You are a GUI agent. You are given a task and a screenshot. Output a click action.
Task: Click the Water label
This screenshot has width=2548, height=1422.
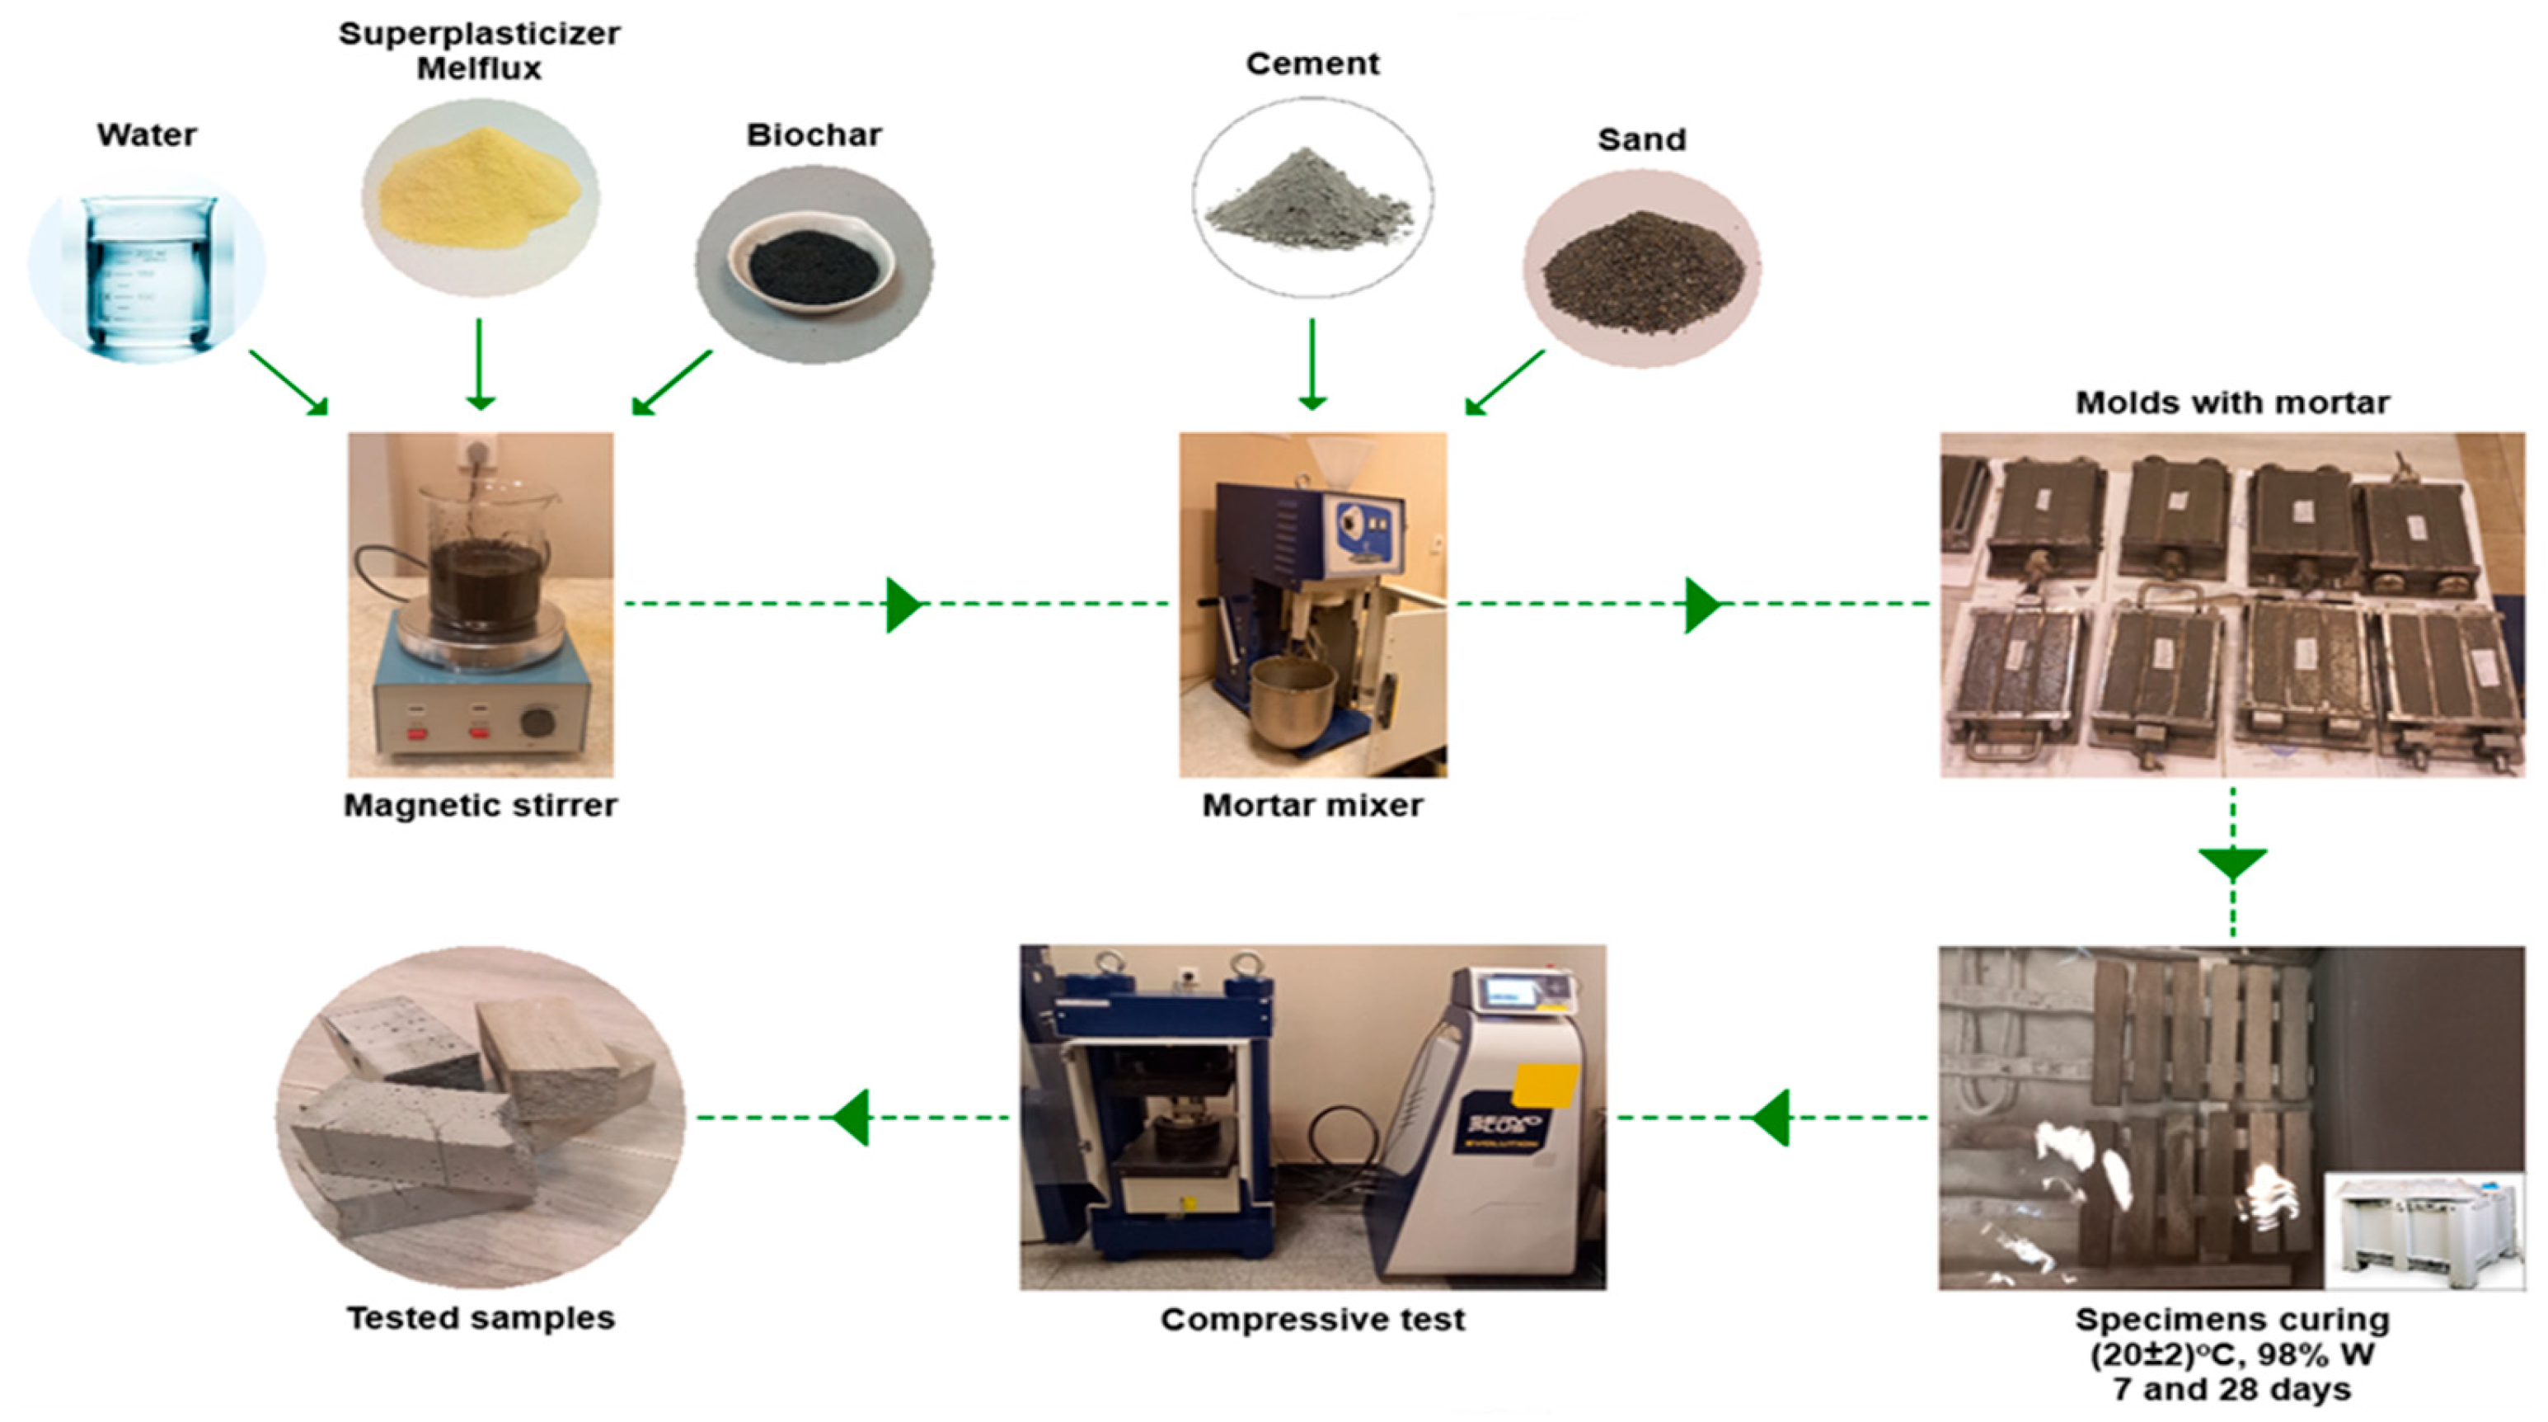coord(147,134)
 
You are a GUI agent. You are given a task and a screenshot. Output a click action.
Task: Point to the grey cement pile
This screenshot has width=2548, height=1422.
coord(1311,203)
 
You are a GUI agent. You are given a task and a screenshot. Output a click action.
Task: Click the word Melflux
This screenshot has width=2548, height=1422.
coord(479,68)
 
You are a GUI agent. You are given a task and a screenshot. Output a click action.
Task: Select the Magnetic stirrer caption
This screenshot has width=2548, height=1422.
coord(480,806)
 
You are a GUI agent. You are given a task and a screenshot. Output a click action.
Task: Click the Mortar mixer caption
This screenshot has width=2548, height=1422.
coord(1312,806)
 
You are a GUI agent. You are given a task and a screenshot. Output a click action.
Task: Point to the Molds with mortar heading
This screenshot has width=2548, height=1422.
coord(2231,403)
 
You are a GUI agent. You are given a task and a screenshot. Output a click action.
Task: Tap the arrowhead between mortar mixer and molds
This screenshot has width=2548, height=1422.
coord(1701,604)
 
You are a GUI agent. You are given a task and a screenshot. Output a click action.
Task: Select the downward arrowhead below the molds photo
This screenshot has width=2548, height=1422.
coord(2232,863)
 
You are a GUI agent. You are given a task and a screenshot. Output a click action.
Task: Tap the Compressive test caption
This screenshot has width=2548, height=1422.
coord(1312,1319)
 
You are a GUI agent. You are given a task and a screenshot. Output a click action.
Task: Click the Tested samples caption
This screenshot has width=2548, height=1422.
coord(480,1318)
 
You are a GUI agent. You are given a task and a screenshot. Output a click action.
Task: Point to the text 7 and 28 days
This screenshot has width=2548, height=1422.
coord(2231,1389)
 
